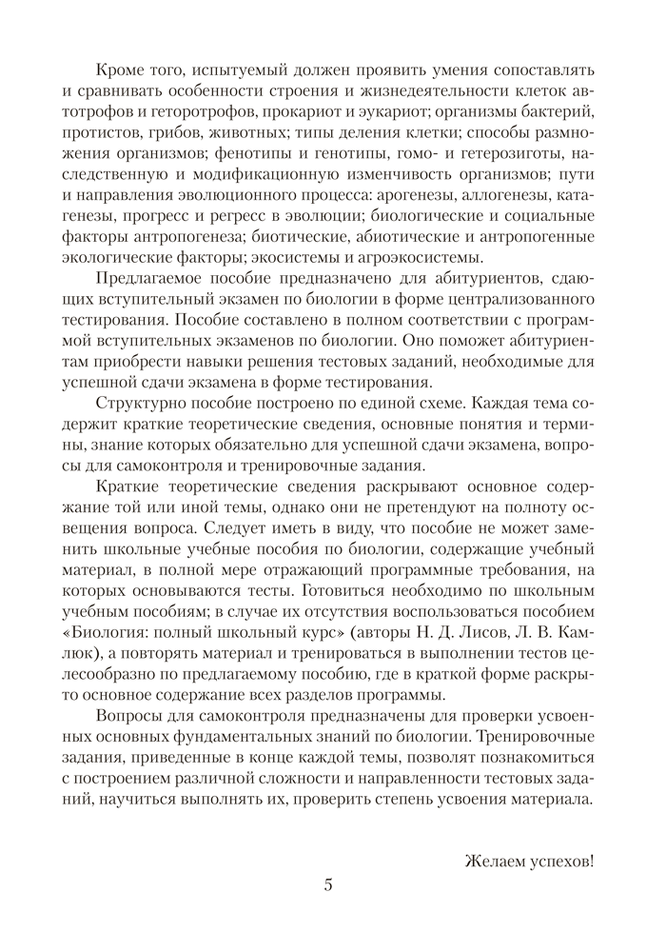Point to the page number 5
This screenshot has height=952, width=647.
328,883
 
